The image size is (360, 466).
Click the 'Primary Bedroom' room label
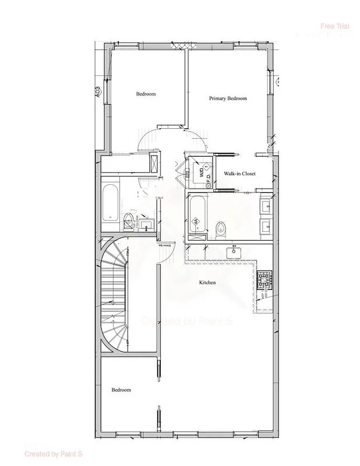pos(228,98)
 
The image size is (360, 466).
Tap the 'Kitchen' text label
pos(207,283)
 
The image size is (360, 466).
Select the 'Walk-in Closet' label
pos(240,174)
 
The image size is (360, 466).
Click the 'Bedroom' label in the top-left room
pos(146,94)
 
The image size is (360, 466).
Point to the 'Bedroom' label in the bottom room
pos(121,390)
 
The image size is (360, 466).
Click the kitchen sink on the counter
pos(235,252)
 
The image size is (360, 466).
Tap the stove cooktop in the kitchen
pos(264,281)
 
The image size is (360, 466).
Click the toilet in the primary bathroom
pos(221,229)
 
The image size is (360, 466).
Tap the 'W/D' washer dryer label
pos(203,172)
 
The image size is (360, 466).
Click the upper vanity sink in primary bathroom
pos(266,206)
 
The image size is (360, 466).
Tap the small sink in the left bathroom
pos(146,224)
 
